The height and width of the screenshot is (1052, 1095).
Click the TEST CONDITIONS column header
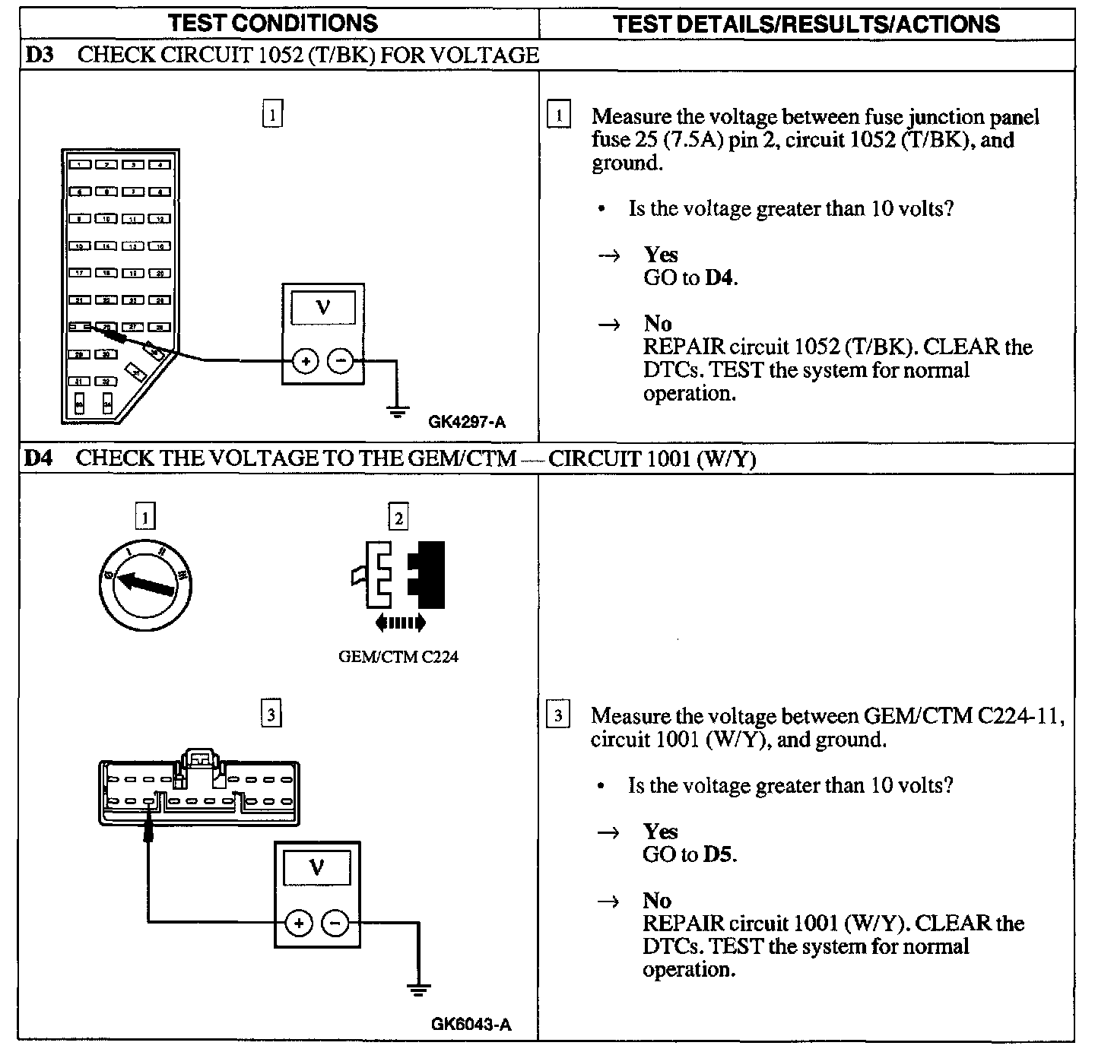coord(273,23)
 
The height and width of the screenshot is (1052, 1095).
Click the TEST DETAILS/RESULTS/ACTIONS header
coord(806,23)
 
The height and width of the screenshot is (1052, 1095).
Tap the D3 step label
coord(39,55)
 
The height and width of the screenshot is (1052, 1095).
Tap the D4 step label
coord(39,458)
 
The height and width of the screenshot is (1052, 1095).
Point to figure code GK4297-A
coord(467,421)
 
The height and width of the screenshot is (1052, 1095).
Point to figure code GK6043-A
coord(471,1024)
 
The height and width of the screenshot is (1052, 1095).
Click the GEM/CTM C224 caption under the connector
coord(398,657)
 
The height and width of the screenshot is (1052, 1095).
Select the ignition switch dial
coord(146,585)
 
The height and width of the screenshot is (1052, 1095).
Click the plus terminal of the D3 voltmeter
coord(305,361)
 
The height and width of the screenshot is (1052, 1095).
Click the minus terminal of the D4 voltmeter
coord(335,923)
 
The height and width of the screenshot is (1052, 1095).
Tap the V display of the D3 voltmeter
coord(323,308)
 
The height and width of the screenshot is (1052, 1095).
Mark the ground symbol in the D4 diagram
coord(418,989)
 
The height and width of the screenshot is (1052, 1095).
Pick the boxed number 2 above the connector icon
coord(398,518)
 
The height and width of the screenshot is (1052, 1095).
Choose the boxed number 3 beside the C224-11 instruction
coord(558,715)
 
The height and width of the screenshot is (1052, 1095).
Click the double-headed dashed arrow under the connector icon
coord(401,623)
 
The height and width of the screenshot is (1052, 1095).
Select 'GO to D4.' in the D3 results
coord(690,277)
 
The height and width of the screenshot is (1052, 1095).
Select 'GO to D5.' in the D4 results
coord(690,854)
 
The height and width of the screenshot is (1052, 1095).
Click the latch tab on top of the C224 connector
coord(199,758)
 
